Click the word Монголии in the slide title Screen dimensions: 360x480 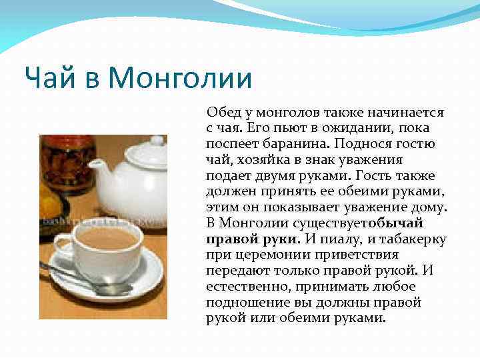pos(180,79)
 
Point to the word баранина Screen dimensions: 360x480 pos(297,144)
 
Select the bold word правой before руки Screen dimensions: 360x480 pos(228,239)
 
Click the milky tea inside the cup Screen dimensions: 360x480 pos(107,237)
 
